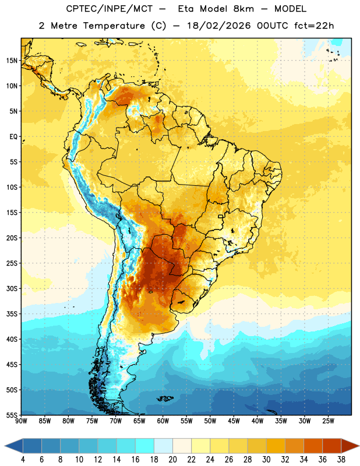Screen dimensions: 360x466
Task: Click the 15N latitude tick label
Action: coord(12,61)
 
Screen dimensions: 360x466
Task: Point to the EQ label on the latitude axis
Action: coord(13,137)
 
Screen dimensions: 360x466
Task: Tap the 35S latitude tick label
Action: coord(12,314)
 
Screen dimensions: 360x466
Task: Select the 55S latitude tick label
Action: coord(12,415)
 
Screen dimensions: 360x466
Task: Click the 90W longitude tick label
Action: coord(22,421)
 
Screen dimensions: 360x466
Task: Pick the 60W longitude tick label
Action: coord(163,421)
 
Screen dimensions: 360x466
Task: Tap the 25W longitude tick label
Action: coord(328,421)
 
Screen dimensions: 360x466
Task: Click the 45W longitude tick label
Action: coord(234,421)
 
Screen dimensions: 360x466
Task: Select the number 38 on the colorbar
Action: coord(341,460)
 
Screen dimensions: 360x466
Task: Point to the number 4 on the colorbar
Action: coord(23,460)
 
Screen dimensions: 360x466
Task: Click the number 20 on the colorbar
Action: coord(172,460)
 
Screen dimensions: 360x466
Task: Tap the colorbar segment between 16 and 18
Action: coord(144,446)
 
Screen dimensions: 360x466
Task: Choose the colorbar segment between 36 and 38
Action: coord(332,446)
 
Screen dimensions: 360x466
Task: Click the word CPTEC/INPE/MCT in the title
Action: coord(109,9)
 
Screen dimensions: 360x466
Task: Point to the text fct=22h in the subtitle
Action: coord(314,26)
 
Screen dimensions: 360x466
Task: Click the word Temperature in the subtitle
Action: coord(114,26)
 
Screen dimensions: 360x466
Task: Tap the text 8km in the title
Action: coord(243,9)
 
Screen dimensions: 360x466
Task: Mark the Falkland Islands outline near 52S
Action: coord(165,398)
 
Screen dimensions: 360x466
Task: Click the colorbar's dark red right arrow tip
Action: coord(359,446)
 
